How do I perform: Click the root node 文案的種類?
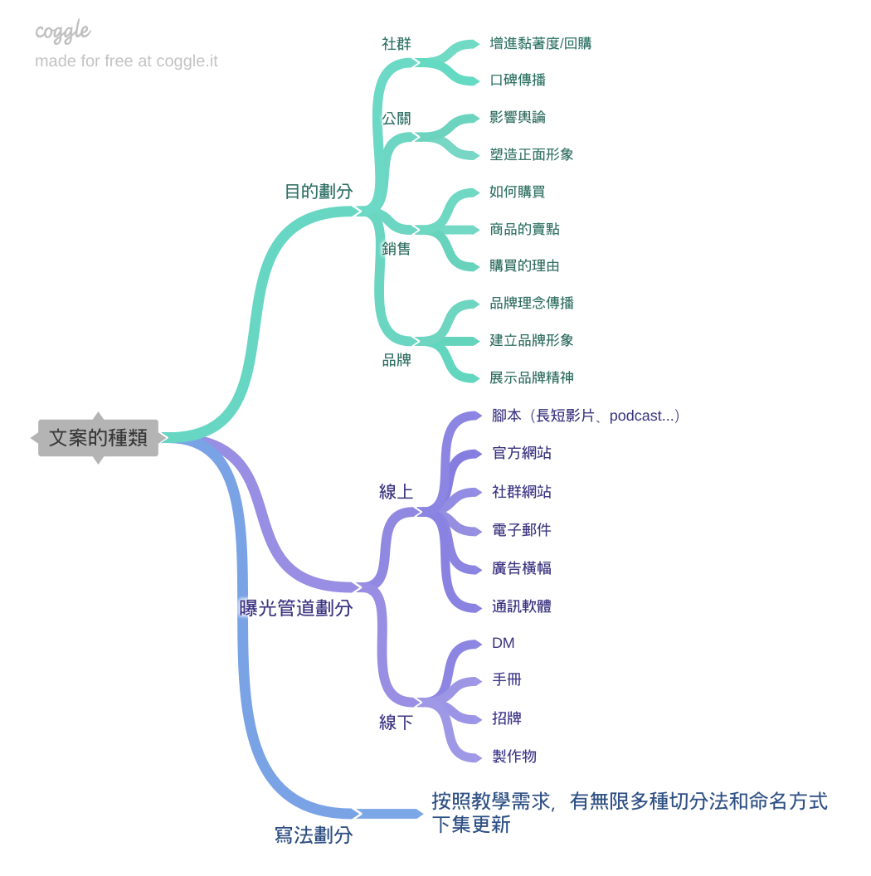click(x=98, y=438)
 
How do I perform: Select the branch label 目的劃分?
click(x=319, y=192)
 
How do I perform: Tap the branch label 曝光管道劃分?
click(x=296, y=608)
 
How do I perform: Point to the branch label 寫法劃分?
click(x=314, y=835)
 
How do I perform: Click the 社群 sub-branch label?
click(x=397, y=44)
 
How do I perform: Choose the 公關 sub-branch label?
click(x=397, y=119)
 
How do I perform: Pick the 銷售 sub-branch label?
click(x=397, y=249)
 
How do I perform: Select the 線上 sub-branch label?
click(x=397, y=492)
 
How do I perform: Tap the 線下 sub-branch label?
click(x=397, y=723)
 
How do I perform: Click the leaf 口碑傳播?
click(x=518, y=80)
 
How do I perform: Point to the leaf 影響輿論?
click(x=518, y=117)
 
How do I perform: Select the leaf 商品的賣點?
click(x=524, y=229)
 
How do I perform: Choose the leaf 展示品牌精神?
click(x=532, y=377)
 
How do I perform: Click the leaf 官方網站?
click(x=522, y=453)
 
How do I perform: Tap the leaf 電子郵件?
click(x=522, y=530)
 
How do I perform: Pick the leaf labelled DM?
click(x=504, y=643)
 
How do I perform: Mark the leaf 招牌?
click(x=507, y=718)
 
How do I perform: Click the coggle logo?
click(x=63, y=32)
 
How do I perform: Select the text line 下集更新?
click(x=470, y=825)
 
